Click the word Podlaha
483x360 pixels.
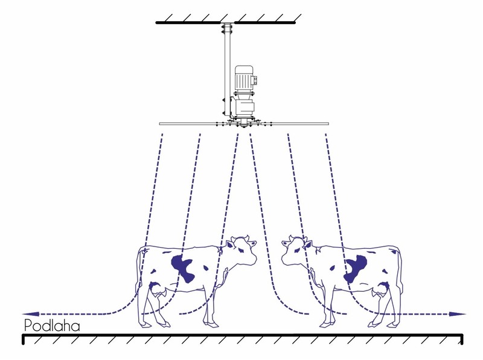click(52, 326)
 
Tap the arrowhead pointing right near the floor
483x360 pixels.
click(458, 314)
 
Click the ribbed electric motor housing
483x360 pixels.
click(244, 79)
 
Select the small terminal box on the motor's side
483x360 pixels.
click(255, 80)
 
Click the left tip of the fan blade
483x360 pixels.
click(160, 124)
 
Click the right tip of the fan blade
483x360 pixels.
click(328, 124)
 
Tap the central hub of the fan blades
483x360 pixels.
click(244, 124)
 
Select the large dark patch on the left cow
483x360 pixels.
click(184, 268)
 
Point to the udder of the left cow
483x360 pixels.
click(157, 288)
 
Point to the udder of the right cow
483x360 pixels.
click(382, 289)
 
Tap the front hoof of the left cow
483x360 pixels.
click(211, 324)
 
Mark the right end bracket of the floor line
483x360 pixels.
click(461, 339)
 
